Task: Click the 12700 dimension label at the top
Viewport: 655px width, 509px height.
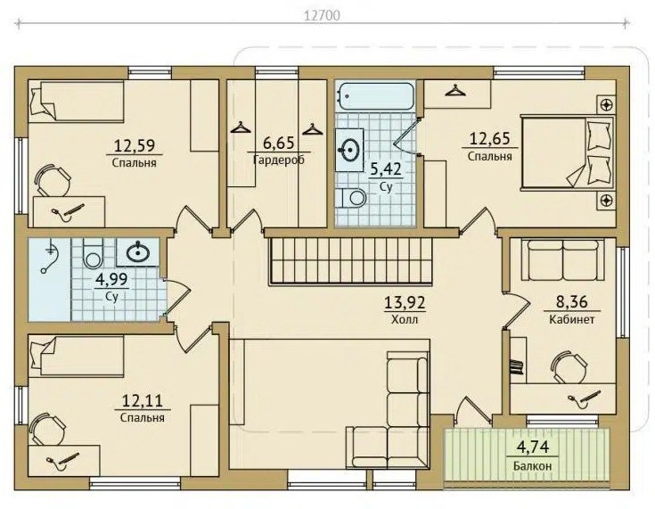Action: click(x=322, y=15)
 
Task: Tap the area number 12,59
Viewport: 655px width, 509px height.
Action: click(x=135, y=146)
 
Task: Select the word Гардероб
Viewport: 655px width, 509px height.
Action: click(x=279, y=160)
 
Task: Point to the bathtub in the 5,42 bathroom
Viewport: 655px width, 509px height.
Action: click(x=375, y=96)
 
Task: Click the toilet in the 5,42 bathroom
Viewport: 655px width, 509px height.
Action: click(x=353, y=198)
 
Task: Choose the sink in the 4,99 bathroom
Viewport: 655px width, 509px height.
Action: click(x=137, y=252)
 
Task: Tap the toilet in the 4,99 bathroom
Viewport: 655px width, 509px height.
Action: click(x=93, y=254)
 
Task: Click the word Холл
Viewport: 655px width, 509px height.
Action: click(x=405, y=320)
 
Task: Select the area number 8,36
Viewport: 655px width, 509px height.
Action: click(x=571, y=301)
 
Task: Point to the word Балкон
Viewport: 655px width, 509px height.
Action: click(x=533, y=466)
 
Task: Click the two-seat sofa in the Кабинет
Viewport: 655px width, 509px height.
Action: click(x=563, y=259)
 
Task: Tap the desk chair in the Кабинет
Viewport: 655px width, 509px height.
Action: click(x=568, y=367)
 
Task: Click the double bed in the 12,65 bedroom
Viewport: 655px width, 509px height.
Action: click(x=568, y=153)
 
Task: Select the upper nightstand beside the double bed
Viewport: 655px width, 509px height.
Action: click(x=606, y=104)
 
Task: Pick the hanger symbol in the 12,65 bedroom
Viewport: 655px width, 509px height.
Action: click(x=454, y=91)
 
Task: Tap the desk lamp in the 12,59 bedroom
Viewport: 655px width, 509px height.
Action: click(x=68, y=209)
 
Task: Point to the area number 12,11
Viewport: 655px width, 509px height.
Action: click(x=142, y=401)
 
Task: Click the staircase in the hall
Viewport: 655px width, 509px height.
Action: click(x=352, y=261)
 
